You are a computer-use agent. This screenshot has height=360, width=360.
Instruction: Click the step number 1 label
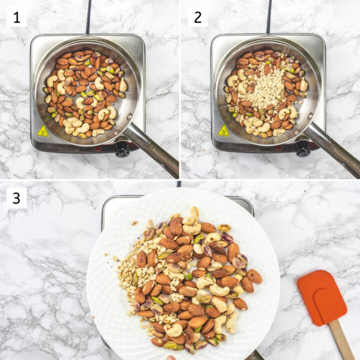coord(16,17)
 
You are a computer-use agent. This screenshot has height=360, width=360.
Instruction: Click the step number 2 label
coord(198,17)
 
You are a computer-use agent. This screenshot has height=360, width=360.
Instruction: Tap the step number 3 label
coord(16,198)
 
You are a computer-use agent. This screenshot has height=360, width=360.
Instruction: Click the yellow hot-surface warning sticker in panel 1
coord(42,130)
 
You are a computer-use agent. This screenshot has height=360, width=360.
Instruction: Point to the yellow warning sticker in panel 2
coord(223,130)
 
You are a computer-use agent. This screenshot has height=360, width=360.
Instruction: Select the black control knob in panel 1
coord(122,149)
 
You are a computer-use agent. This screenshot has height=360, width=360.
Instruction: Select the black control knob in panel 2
coord(303,149)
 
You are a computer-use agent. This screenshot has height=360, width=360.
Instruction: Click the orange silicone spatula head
coord(322,298)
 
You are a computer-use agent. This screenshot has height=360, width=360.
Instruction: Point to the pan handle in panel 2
coord(333,148)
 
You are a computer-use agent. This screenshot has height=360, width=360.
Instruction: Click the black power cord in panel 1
coord(88,16)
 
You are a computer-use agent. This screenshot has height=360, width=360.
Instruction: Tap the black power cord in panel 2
coord(269,16)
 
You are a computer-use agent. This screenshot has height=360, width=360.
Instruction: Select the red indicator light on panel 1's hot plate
coord(98,148)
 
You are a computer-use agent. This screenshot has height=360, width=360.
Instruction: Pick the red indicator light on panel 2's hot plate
coord(279,148)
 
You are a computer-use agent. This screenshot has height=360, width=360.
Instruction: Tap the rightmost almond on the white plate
coord(254,276)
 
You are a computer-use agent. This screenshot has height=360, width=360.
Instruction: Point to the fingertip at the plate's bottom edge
coord(170,357)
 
